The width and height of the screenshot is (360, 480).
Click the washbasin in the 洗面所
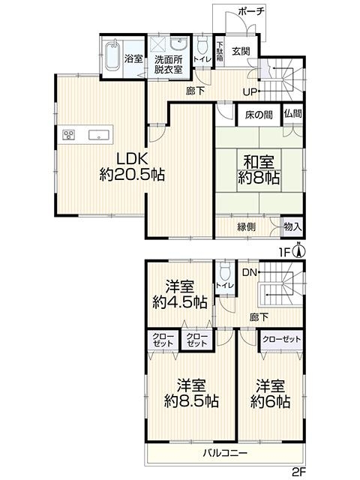(x=178, y=43)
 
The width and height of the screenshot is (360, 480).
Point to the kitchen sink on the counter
(x=98, y=135)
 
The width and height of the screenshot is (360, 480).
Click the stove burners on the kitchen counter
(x=68, y=135)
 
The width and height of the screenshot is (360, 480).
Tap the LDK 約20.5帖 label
(x=132, y=167)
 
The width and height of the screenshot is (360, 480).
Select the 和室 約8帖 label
(x=259, y=169)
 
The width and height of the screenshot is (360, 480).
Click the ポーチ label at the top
(x=250, y=12)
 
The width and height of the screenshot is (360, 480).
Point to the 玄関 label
(x=241, y=51)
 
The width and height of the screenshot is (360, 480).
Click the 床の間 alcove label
(x=259, y=115)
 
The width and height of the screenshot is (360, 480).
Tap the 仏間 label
(x=293, y=114)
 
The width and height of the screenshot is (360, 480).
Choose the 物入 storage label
(x=292, y=226)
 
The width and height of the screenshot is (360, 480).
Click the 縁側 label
(x=247, y=226)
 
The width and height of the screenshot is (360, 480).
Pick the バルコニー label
(x=225, y=453)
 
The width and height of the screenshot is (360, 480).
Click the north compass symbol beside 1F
(x=300, y=250)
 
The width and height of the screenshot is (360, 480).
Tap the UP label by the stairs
(x=250, y=91)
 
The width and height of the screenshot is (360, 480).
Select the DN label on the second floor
(x=250, y=272)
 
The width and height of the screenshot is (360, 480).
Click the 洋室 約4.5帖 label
(x=180, y=295)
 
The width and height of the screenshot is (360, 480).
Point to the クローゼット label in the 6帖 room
(x=282, y=339)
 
